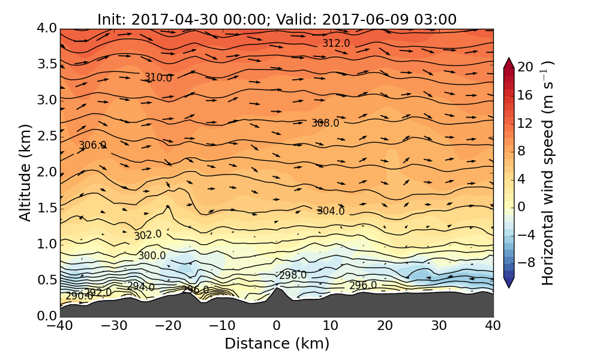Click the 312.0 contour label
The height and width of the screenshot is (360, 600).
(336, 43)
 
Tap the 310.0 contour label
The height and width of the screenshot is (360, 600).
(158, 78)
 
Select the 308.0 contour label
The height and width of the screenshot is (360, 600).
(325, 123)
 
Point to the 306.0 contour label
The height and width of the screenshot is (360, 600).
(92, 146)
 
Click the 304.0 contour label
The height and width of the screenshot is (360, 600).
(331, 211)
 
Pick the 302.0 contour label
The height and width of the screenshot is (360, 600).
(148, 235)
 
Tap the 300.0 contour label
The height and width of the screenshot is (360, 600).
(152, 256)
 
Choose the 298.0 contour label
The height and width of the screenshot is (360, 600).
(293, 275)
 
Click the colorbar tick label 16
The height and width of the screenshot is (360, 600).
(526, 95)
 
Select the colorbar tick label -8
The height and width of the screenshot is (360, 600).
(526, 262)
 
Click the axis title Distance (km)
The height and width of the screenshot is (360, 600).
(277, 344)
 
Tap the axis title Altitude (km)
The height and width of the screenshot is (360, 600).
(25, 173)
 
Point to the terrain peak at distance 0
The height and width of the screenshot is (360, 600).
(276, 289)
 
